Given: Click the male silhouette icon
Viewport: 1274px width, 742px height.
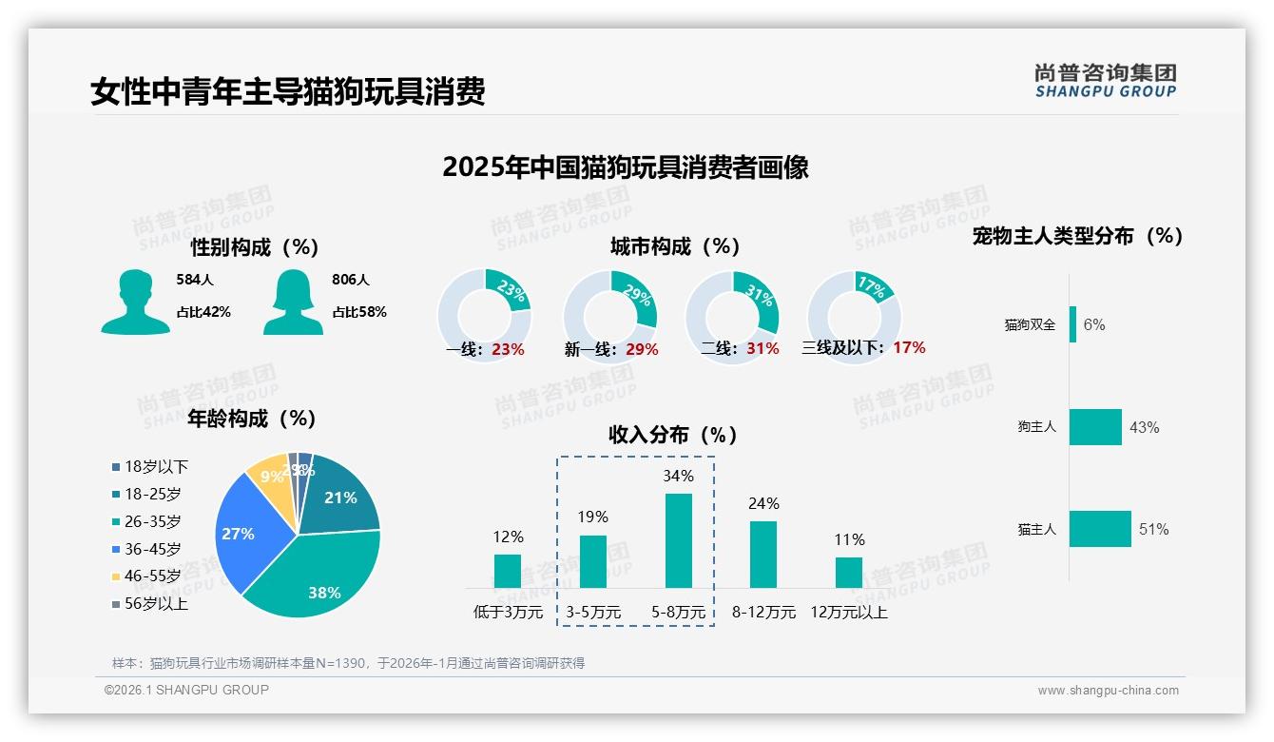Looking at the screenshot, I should (x=136, y=302).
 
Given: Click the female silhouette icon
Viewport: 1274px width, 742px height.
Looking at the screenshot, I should (x=293, y=302).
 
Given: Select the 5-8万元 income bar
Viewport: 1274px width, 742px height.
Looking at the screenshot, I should (x=678, y=540).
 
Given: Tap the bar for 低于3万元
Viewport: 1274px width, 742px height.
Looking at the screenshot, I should (x=508, y=571).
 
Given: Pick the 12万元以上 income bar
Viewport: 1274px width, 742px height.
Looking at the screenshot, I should (x=849, y=573).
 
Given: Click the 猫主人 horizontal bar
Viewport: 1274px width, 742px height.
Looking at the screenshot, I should (x=1100, y=529).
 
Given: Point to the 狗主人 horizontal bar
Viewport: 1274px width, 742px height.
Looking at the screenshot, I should (x=1095, y=427).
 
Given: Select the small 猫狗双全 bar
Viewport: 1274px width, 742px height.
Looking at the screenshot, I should (x=1073, y=324).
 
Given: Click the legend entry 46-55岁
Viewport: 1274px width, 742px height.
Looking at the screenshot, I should (x=152, y=576).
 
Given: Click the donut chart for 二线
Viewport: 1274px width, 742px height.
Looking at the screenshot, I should (x=732, y=317).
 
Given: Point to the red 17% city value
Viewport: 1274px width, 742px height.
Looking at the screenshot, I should (x=909, y=348).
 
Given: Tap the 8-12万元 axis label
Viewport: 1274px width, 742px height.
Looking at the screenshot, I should (x=763, y=613).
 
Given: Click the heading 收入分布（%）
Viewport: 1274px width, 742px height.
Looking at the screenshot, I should (x=673, y=436).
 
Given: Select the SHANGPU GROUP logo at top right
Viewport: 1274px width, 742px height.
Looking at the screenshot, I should (x=1106, y=81).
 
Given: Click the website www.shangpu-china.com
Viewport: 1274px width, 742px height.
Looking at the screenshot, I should (x=1108, y=691).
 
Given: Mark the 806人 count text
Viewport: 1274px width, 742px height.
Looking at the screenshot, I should (x=351, y=281).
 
